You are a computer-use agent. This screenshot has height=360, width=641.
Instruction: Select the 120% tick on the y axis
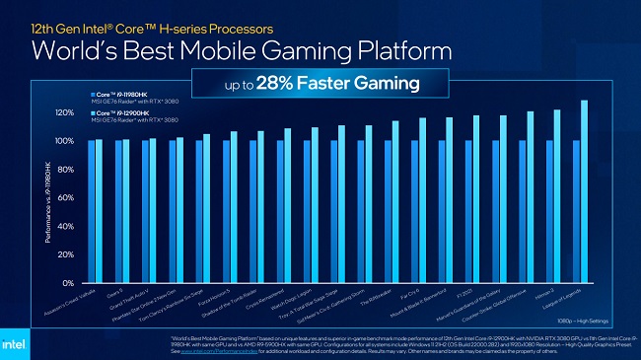tap(63, 112)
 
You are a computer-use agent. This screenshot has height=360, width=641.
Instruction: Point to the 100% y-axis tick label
tap(63, 141)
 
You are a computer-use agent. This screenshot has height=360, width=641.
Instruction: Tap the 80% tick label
tap(65, 170)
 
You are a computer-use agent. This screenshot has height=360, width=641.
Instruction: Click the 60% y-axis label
tap(65, 198)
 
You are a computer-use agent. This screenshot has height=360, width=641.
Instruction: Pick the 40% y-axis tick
tap(65, 226)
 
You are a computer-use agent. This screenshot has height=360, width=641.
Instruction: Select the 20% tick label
tap(65, 254)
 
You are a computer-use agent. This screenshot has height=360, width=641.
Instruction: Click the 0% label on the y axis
tap(67, 283)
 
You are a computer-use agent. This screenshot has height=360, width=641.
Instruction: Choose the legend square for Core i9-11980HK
tap(90, 93)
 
